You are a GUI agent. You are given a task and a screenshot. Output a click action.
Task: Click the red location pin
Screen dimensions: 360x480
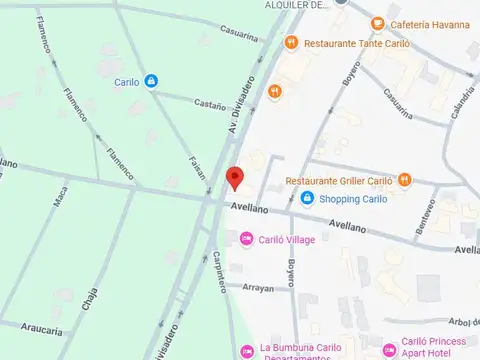pyautogui.click(x=235, y=176)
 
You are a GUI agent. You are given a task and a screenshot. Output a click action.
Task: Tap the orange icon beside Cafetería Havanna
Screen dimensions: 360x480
pyautogui.click(x=377, y=24)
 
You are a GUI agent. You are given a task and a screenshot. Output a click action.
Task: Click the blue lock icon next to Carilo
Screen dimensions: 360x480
pyautogui.click(x=150, y=82)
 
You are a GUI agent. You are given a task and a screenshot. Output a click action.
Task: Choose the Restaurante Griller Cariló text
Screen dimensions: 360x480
pyautogui.click(x=339, y=181)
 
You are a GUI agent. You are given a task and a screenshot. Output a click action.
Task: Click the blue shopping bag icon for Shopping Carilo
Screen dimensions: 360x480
pyautogui.click(x=308, y=199)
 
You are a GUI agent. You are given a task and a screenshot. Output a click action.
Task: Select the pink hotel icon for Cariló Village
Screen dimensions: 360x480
pyautogui.click(x=246, y=239)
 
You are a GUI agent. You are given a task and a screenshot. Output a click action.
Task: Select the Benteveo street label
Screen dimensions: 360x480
pyautogui.click(x=426, y=219)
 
